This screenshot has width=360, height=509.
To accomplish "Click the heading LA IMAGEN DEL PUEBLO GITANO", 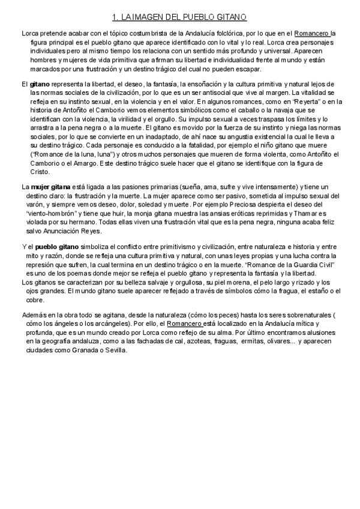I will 180,18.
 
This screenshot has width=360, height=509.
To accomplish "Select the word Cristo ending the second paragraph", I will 40,171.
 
